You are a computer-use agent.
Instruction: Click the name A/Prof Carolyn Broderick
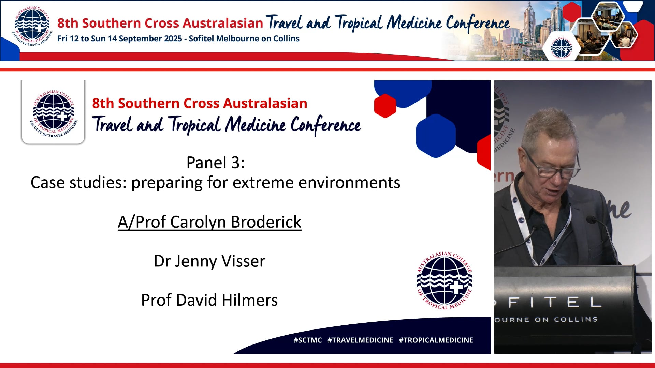click(x=209, y=222)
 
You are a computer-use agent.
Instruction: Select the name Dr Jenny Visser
click(x=209, y=261)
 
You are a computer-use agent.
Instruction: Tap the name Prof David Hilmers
click(x=209, y=300)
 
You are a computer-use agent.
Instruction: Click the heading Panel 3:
click(x=215, y=162)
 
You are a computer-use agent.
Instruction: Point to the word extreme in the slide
click(x=262, y=183)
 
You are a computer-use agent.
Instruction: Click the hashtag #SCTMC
click(x=307, y=340)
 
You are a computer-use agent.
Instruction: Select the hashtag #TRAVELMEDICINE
click(x=360, y=340)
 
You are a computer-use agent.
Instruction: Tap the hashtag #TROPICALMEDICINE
click(x=436, y=340)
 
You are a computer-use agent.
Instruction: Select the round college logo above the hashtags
click(x=445, y=280)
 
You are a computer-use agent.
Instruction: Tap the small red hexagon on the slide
click(x=385, y=106)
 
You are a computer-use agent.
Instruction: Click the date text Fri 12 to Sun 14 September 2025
click(x=119, y=39)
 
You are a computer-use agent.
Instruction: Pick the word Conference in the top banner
click(x=478, y=23)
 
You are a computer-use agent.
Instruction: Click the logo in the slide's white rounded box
click(x=53, y=113)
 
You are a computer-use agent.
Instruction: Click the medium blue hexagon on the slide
click(x=436, y=136)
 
